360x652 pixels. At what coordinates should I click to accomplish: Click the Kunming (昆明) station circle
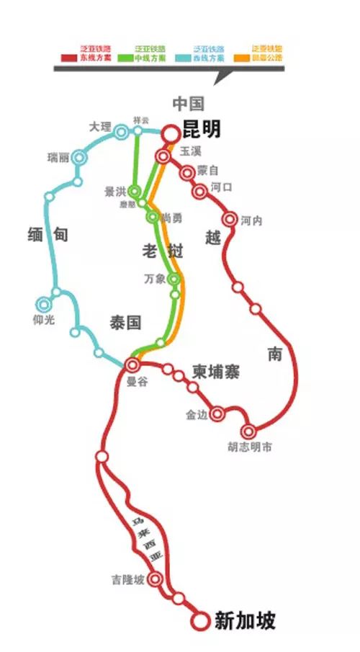(170, 133)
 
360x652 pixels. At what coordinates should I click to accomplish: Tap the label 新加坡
(245, 620)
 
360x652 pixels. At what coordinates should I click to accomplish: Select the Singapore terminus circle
(199, 619)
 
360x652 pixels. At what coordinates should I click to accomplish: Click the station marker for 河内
(230, 219)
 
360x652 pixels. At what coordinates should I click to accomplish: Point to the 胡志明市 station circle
(248, 432)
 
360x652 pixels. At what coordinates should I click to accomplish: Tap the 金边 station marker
(216, 414)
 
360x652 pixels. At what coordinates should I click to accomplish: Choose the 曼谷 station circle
(132, 365)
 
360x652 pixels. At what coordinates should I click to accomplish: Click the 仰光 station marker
(45, 305)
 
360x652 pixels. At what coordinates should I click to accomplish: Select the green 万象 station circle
(174, 278)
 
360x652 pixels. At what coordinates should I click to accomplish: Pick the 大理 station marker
(121, 131)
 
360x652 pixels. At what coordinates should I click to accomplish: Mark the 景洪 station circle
(135, 192)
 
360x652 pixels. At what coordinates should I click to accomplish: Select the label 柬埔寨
(215, 372)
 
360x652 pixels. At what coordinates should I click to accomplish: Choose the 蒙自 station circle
(187, 172)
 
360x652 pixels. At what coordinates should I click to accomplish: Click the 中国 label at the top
(189, 102)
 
